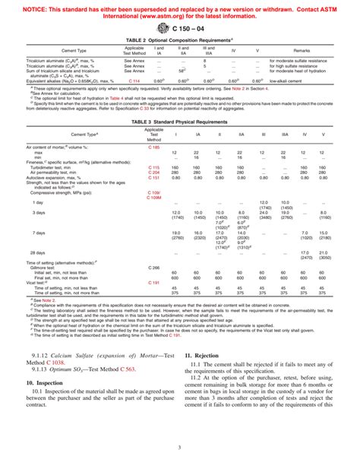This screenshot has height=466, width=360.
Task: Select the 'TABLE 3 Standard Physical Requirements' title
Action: pos(179,143)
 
